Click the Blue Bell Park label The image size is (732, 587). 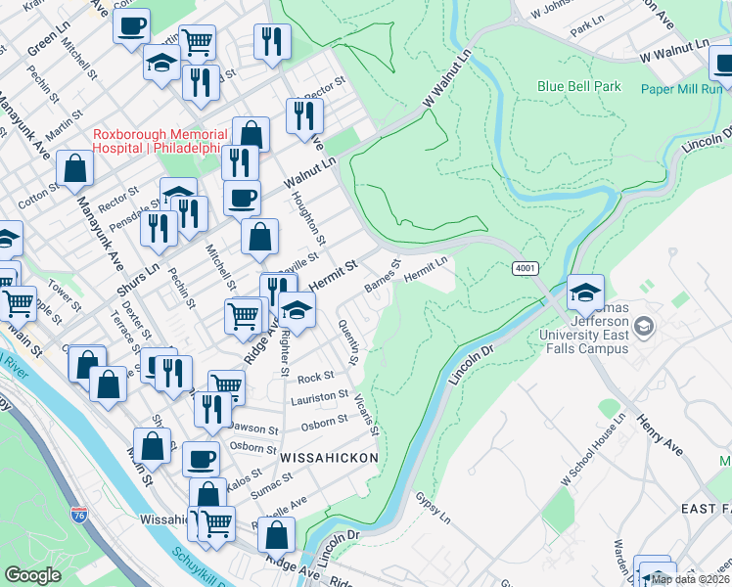pos(578,86)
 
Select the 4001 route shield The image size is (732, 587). pos(524,267)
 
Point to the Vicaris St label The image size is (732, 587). pos(367,415)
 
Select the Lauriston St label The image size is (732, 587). pos(319,398)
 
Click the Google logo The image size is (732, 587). pos(32,575)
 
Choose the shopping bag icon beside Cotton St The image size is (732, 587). pos(74,169)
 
